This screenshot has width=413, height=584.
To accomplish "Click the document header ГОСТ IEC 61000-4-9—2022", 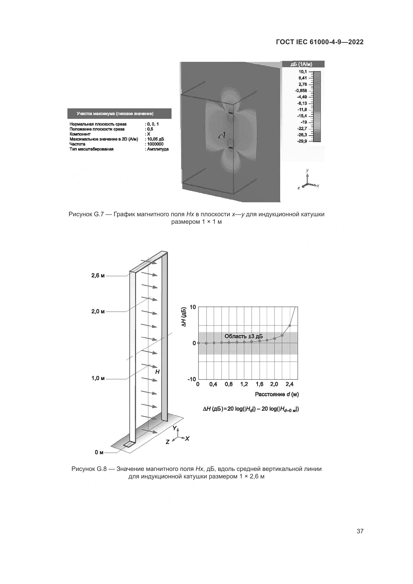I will (320, 42).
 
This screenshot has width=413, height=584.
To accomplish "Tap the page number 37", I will (360, 531).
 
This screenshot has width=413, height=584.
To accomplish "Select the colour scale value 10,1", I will (303, 72).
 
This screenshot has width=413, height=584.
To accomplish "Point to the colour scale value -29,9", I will (302, 141).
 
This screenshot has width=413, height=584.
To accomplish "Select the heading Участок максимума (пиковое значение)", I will (115, 113).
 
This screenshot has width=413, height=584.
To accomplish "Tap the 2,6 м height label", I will (98, 276).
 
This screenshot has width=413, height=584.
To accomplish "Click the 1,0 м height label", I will (98, 378).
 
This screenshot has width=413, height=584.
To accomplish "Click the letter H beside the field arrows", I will (157, 372).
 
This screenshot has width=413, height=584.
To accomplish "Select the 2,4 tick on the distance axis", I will (289, 384).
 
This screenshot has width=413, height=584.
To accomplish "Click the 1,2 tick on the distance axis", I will (244, 384).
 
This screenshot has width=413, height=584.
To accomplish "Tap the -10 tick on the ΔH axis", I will (192, 380).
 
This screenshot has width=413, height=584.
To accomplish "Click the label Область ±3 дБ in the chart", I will (243, 336).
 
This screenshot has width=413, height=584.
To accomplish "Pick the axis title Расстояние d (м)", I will (277, 394).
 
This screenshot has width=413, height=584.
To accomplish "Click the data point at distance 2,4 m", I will (290, 326).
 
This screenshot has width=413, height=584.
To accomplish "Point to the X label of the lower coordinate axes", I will (187, 438).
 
